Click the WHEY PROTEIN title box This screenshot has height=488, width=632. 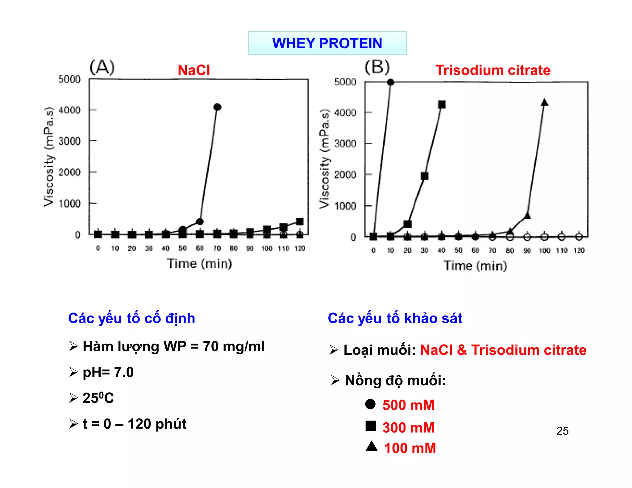327,43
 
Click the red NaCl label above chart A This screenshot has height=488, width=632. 194,70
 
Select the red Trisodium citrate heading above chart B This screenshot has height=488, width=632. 493,70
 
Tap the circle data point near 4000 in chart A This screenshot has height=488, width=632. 217,107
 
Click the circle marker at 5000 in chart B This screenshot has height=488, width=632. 390,82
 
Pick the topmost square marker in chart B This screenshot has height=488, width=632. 442,105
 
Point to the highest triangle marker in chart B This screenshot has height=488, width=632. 544,103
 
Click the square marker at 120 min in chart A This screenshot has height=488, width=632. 300,221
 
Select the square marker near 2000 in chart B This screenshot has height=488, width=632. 425,176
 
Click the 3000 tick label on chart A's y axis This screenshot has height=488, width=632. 69,141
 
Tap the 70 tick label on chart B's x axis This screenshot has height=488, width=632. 493,250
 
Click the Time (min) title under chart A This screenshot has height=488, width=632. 199,264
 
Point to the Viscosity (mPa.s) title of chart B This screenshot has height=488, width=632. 325,159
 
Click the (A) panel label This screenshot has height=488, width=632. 102,68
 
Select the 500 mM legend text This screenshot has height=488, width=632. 408,405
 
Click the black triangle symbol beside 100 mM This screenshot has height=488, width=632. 372,446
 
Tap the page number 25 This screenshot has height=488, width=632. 562,431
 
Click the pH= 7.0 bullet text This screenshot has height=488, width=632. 108,372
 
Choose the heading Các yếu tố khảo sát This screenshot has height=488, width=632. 395,318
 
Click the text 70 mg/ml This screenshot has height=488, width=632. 234,346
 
